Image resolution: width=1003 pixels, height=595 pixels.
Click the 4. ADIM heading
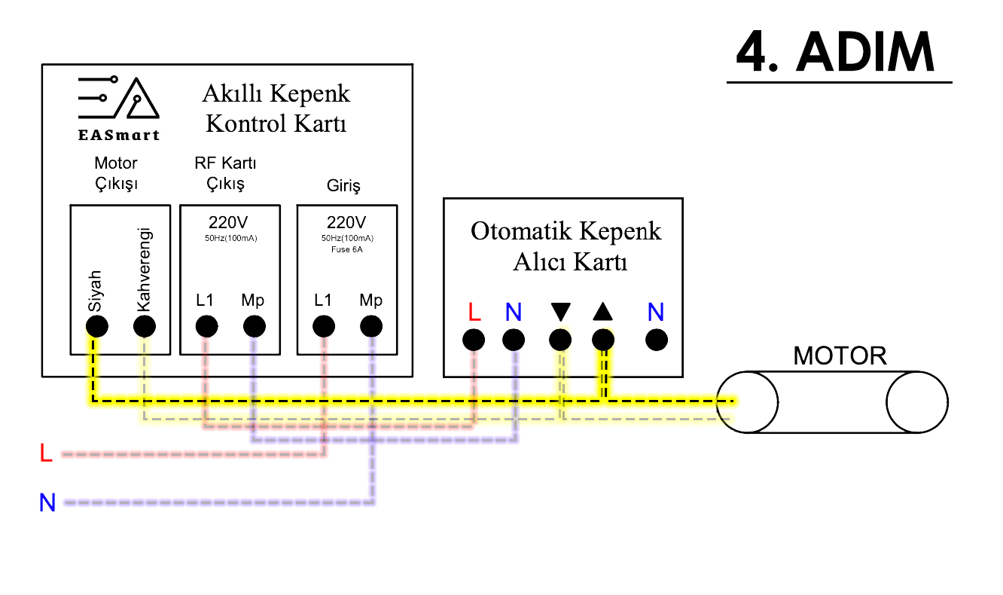836,52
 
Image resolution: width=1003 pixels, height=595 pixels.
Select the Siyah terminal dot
96,327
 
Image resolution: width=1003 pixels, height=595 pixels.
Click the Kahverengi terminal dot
144,327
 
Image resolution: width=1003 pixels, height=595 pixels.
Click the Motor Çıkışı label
116,172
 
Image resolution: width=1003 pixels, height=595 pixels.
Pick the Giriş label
343,185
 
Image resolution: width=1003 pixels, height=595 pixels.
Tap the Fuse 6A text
347,249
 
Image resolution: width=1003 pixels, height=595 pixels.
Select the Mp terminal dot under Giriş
370,326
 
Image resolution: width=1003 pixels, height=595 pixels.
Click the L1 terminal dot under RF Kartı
206,326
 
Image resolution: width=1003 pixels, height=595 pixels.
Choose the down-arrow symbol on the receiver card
561,312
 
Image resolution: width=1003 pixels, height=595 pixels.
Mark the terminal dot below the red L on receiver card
474,340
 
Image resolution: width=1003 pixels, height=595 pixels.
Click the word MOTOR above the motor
840,355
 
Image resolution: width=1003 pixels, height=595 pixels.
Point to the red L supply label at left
46,453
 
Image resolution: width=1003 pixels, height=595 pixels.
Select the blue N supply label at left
47,502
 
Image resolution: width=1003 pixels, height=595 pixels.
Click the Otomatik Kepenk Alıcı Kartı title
566,246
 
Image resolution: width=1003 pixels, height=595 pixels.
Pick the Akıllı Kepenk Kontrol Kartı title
276,108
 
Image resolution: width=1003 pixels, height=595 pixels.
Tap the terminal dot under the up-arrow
603,340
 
